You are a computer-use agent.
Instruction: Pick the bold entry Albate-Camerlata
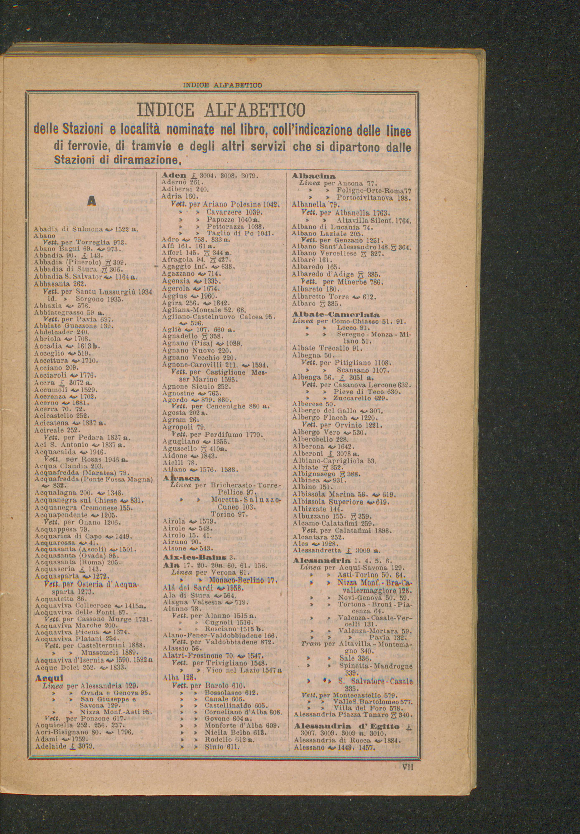336,314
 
